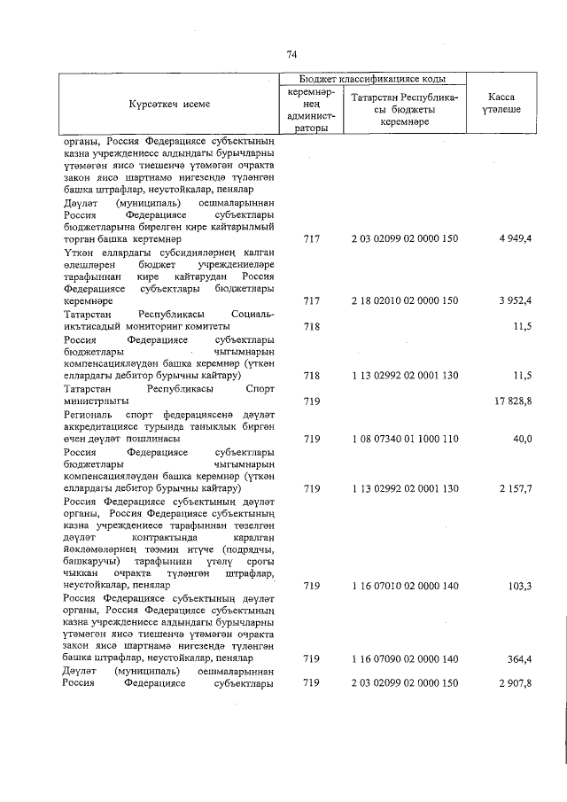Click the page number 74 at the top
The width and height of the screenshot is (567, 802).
291,55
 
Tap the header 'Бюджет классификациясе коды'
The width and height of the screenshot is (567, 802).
366,79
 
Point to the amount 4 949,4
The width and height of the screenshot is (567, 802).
514,240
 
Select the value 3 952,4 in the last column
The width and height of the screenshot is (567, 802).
514,301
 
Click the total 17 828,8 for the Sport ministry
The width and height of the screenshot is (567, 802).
511,401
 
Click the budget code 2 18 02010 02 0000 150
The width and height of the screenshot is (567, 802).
404,301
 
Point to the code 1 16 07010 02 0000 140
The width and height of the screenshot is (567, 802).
404,586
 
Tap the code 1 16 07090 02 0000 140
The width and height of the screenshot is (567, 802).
404,658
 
